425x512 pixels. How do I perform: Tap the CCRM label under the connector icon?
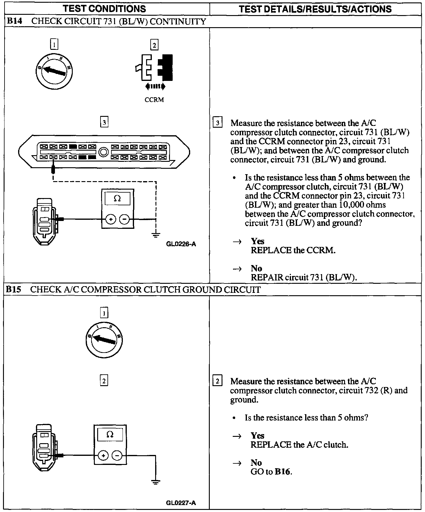154,100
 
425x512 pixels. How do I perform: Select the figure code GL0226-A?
181,244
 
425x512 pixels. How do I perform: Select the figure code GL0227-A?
181,503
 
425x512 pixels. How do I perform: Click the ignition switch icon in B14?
55,72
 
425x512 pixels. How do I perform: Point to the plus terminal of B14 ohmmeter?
111,219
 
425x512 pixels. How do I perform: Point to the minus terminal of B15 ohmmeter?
117,456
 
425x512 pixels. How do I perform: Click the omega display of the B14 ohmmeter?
117,199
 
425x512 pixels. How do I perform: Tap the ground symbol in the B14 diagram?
156,235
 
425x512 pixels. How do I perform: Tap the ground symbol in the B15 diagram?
156,482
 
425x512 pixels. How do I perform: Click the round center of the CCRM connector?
104,152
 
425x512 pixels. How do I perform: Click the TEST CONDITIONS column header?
104,8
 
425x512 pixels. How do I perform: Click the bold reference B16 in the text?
283,472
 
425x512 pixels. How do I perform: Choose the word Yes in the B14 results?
257,241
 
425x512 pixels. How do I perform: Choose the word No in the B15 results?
256,462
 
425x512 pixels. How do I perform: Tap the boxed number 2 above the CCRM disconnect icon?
154,45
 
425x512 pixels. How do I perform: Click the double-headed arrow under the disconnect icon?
155,87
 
